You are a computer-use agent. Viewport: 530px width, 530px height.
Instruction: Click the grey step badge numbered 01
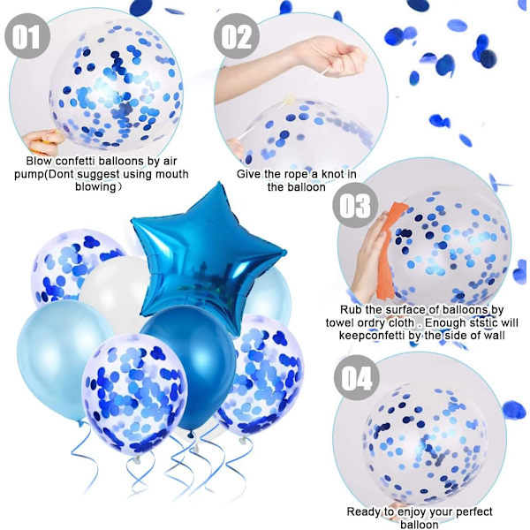coord(27,36)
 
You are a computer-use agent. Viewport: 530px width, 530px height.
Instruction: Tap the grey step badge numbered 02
coord(237,36)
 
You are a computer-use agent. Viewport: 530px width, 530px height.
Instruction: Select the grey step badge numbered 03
coord(355,205)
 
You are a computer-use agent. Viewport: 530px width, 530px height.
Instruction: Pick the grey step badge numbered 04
coord(357,377)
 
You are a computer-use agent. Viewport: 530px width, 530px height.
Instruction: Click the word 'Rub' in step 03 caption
coord(350,310)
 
